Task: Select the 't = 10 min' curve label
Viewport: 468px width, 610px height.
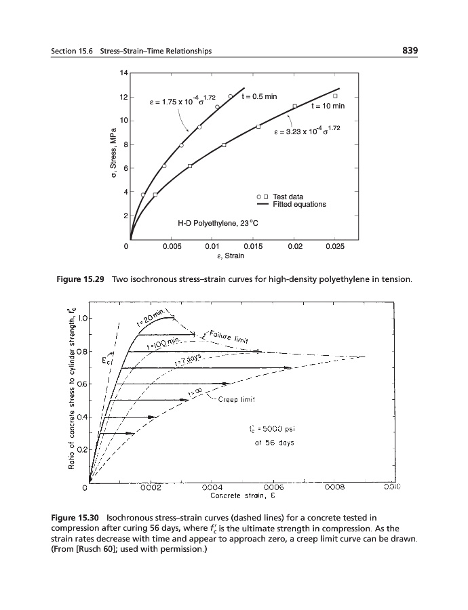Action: pyautogui.click(x=328, y=106)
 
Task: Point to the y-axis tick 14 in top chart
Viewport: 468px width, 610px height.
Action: pyautogui.click(x=123, y=73)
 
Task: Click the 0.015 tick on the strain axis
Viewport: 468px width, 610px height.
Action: pyautogui.click(x=252, y=247)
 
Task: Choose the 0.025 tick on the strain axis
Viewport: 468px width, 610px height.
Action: pyautogui.click(x=334, y=247)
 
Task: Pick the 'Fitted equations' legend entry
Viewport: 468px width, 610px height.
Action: pyautogui.click(x=299, y=204)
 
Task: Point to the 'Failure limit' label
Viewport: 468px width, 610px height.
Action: pyautogui.click(x=231, y=335)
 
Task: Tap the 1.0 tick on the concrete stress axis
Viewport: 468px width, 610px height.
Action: pyautogui.click(x=80, y=319)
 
